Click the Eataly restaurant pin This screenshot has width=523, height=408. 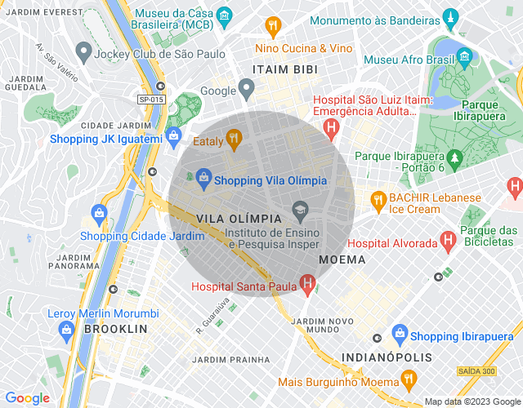(234, 140)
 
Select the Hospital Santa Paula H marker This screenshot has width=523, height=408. (307, 284)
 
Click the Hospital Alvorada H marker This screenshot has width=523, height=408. (447, 241)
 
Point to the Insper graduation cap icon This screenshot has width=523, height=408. (300, 210)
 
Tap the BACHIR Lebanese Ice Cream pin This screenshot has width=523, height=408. (378, 198)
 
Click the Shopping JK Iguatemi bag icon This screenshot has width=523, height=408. (172, 136)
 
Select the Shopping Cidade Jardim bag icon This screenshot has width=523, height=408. (99, 215)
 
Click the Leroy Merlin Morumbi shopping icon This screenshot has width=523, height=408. (67, 329)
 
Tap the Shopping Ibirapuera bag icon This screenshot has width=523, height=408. (399, 333)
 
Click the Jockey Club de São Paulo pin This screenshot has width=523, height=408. (83, 53)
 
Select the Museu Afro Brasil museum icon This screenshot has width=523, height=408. (464, 57)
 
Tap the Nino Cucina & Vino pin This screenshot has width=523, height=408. (273, 25)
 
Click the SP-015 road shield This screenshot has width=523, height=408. (151, 99)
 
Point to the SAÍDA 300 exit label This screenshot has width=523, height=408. (476, 371)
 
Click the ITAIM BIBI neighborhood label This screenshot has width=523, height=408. (284, 69)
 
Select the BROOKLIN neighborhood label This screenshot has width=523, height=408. (114, 329)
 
